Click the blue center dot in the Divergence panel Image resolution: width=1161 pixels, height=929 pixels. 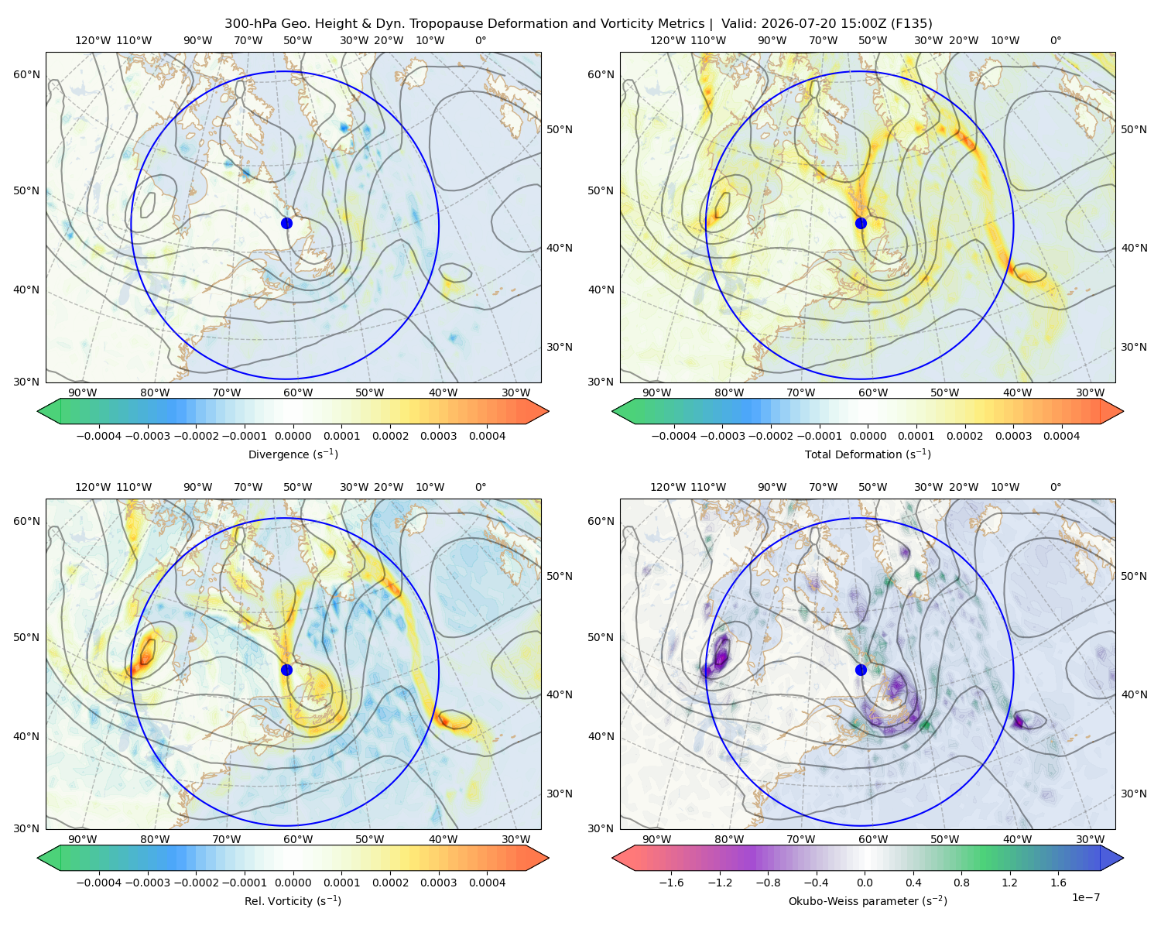coord(286,223)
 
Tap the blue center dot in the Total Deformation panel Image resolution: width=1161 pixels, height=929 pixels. coord(861,223)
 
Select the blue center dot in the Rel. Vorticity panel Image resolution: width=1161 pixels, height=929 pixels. coord(286,670)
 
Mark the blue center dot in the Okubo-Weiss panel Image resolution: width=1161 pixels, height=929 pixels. coord(861,670)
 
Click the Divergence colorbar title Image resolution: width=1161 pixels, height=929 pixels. coord(293,454)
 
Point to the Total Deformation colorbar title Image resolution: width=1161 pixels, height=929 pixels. coord(868,454)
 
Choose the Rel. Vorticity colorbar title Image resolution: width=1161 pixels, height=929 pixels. coord(293,900)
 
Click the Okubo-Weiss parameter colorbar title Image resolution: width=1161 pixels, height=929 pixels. coord(868,900)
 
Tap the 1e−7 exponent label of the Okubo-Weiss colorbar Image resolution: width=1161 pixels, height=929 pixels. coord(1085,897)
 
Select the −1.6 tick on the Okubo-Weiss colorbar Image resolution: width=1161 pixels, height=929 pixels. coord(671,883)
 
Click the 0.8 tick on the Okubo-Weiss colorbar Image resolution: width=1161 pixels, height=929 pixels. coord(961,883)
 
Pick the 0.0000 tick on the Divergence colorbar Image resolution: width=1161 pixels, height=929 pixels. coord(293,436)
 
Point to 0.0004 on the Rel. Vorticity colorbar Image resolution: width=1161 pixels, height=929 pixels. coord(487,883)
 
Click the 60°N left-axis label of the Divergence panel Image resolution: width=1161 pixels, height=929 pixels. coord(26,74)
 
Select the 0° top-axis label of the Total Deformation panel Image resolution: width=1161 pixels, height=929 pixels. coord(1056,40)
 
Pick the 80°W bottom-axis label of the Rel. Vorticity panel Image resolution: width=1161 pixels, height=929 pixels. coord(155,839)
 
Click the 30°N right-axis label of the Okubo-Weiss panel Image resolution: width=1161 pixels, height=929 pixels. coord(1134,794)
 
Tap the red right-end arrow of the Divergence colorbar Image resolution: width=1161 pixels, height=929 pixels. coord(537,411)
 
